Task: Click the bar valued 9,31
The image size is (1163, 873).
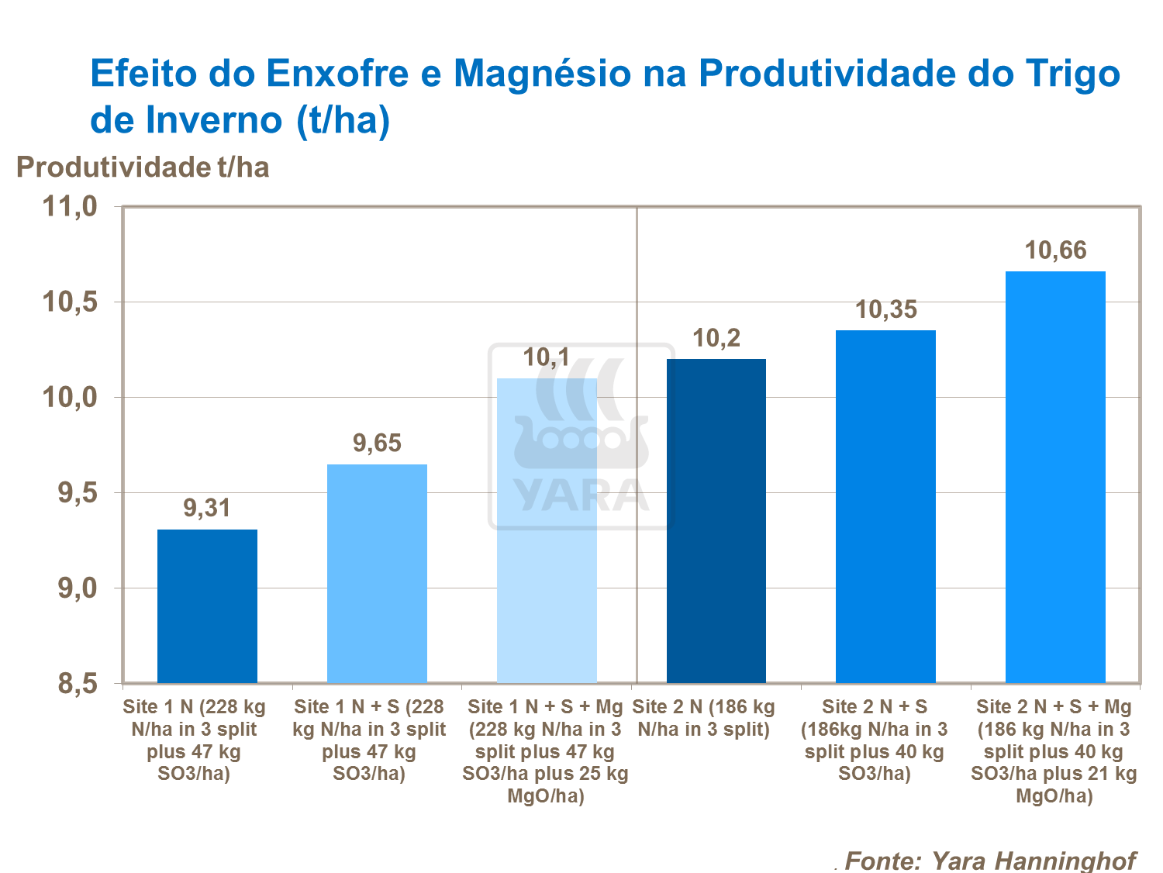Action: (x=207, y=606)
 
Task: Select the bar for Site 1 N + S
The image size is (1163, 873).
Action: (x=377, y=574)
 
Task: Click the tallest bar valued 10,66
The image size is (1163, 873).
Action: (x=1055, y=477)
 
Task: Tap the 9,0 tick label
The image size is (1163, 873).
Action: (x=77, y=588)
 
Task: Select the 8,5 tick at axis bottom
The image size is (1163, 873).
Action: (x=77, y=684)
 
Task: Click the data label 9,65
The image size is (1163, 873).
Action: (x=377, y=443)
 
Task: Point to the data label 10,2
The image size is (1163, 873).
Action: (x=716, y=338)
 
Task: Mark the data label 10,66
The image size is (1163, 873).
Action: (x=1055, y=250)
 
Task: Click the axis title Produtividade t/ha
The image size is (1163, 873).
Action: (x=143, y=167)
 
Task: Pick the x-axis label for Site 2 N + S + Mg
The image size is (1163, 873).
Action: (x=1054, y=751)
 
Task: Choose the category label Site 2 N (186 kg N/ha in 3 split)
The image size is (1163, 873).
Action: (x=703, y=718)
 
